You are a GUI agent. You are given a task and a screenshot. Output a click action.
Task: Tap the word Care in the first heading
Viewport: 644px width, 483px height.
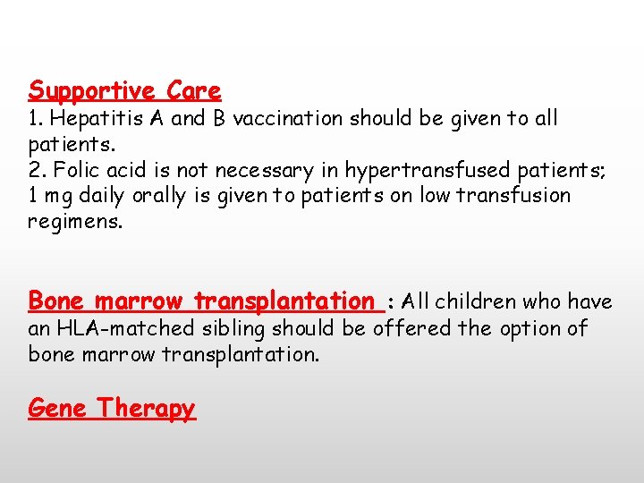point(194,91)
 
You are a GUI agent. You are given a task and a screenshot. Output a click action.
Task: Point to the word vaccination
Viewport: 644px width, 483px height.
point(287,119)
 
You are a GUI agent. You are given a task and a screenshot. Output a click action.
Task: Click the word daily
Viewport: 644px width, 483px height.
point(126,195)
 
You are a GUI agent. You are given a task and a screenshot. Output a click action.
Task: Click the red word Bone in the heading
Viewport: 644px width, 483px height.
point(58,301)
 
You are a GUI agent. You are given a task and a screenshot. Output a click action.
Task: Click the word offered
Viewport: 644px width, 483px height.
point(412,328)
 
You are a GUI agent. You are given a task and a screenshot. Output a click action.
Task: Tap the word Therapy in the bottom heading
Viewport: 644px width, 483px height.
point(147,409)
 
